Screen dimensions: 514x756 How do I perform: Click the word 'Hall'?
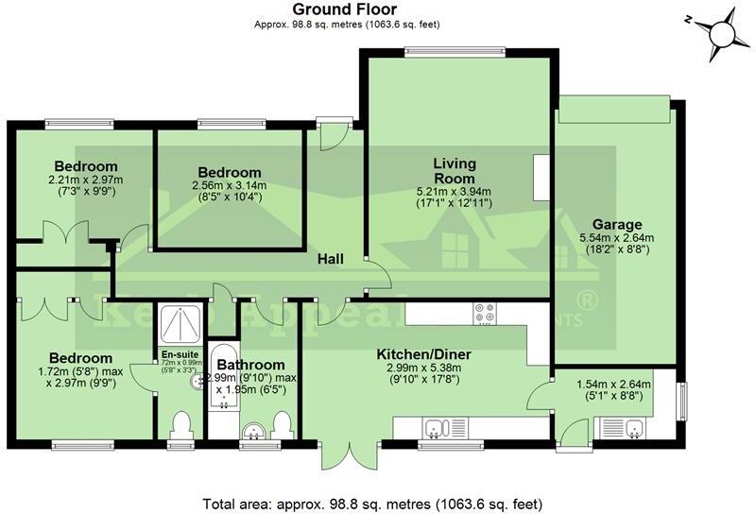point(330,259)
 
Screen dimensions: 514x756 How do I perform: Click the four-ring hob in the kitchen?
point(485,313)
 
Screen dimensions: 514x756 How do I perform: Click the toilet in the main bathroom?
point(281,424)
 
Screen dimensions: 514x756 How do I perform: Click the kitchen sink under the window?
point(437,428)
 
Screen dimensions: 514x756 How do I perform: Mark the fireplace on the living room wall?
point(540,178)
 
